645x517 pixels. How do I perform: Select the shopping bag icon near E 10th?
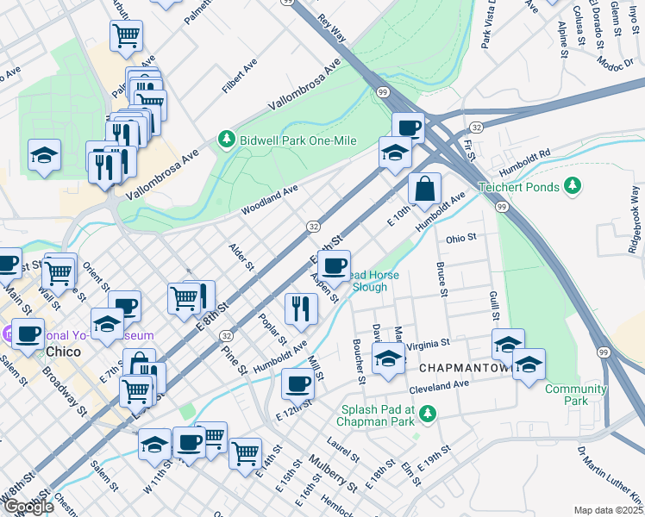424,189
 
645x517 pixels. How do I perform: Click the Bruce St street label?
441,280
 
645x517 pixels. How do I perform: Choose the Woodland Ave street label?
269,198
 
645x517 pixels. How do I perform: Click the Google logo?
28,506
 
